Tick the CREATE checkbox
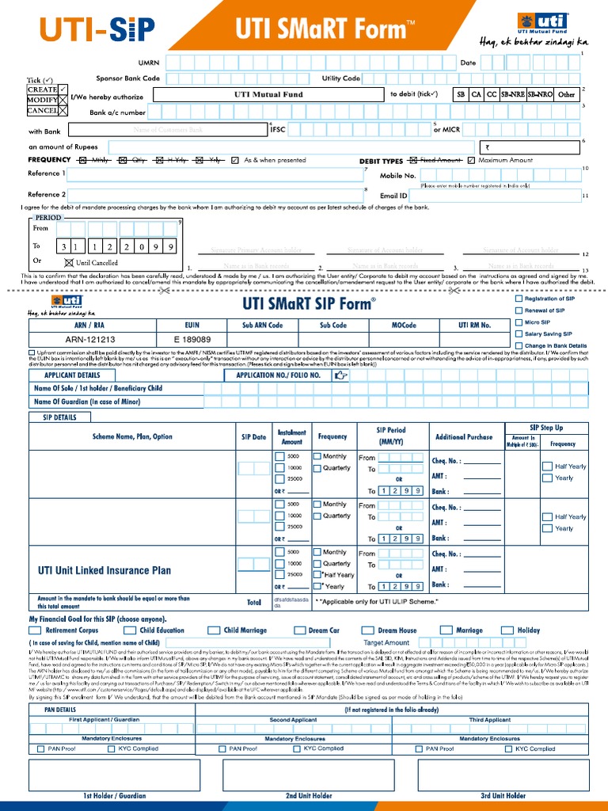[63, 89]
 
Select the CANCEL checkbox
[63, 111]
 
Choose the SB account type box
[460, 94]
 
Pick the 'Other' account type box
[566, 94]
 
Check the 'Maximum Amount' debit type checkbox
[472, 160]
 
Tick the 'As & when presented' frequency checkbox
[235, 160]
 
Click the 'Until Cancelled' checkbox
[68, 262]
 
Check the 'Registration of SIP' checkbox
[519, 299]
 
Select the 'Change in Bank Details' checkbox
[519, 346]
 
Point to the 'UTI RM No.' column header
[474, 325]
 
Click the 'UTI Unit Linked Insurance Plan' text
[104, 569]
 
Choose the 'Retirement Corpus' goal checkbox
[36, 630]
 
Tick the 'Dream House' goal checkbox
[368, 630]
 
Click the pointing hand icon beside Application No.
[341, 375]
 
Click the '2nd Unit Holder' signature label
[309, 795]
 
